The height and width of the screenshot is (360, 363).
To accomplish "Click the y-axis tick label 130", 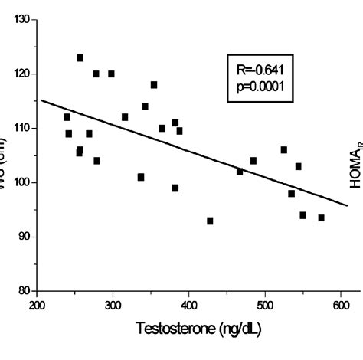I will click(21, 20).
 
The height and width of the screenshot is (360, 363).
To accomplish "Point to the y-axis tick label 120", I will click(21, 74).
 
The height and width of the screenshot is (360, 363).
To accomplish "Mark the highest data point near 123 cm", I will click(80, 57).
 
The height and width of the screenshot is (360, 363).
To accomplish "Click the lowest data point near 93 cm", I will click(210, 221).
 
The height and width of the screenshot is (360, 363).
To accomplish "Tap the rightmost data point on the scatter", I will click(321, 218).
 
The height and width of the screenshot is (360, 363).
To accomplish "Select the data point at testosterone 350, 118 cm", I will click(154, 85).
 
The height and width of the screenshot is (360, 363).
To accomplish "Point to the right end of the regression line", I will click(346, 205).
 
